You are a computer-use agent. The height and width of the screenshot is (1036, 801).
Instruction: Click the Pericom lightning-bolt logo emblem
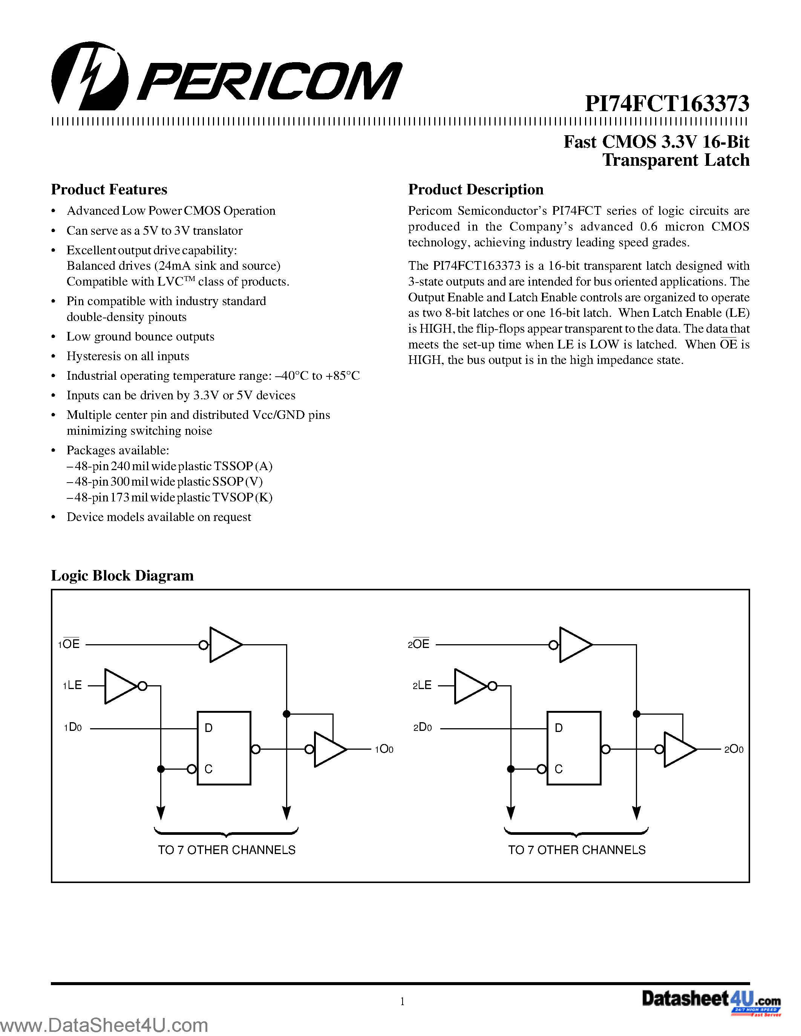[x=89, y=76]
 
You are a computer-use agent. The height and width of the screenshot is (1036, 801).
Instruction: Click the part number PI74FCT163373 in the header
[x=667, y=103]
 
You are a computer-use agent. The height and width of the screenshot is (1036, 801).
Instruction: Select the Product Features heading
[x=109, y=189]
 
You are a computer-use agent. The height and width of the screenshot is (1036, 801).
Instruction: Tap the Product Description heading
[x=475, y=189]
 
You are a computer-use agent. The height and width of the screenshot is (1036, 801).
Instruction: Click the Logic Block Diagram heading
[x=122, y=575]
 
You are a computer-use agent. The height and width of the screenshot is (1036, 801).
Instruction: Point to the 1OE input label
[x=69, y=644]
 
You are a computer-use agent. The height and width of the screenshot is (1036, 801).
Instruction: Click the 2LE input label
[x=422, y=685]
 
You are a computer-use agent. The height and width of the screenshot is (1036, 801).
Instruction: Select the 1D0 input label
[x=73, y=727]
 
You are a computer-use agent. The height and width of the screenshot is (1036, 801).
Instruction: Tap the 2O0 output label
[x=733, y=749]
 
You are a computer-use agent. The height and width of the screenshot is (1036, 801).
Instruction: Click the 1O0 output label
[x=384, y=749]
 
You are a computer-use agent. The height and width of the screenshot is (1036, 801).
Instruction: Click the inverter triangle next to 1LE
[x=119, y=686]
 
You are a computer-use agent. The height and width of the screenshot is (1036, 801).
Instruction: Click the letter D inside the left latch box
[x=208, y=728]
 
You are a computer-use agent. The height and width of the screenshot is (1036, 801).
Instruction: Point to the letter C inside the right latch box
[x=559, y=769]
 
